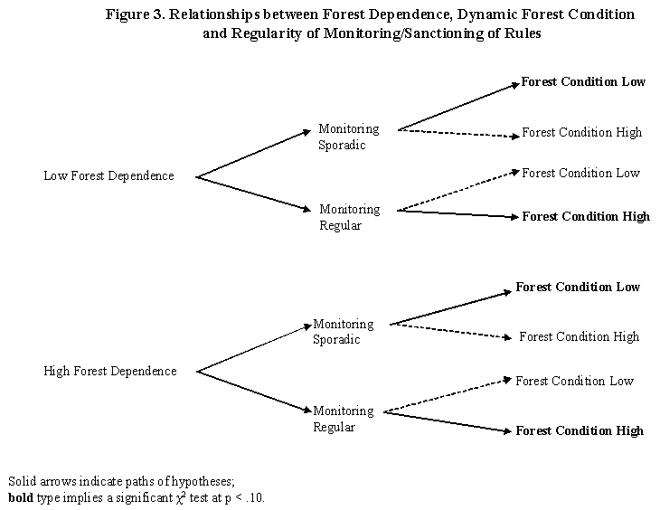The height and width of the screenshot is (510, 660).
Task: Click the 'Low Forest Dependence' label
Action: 108,175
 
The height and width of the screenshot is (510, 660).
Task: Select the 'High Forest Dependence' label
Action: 110,371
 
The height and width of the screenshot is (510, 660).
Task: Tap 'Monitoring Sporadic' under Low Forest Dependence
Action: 348,137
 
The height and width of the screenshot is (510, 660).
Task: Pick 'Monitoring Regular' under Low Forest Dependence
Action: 349,217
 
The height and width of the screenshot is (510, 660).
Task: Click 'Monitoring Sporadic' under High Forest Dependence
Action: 343,332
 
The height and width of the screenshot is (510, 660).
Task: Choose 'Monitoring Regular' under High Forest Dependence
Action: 343,419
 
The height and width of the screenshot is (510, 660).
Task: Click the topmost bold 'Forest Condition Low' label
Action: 583,81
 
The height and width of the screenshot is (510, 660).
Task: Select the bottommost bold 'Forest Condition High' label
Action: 580,430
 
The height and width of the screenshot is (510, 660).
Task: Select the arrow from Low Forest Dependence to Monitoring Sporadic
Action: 254,152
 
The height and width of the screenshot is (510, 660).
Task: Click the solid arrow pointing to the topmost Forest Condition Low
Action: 458,106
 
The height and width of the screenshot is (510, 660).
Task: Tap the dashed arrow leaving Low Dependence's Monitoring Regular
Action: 458,191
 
